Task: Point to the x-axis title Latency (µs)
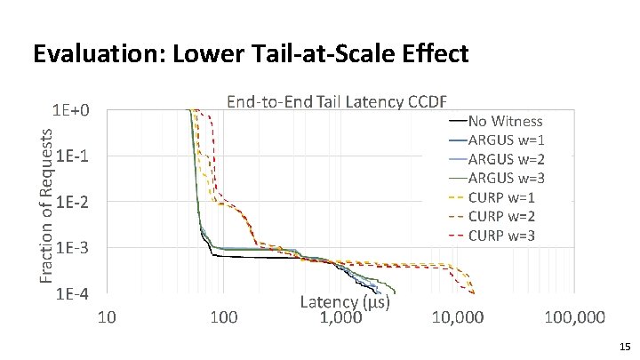pyautogui.click(x=346, y=302)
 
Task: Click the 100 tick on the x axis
pyautogui.click(x=225, y=317)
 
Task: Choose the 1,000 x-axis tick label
pyautogui.click(x=341, y=317)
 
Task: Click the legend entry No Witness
pyautogui.click(x=505, y=122)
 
